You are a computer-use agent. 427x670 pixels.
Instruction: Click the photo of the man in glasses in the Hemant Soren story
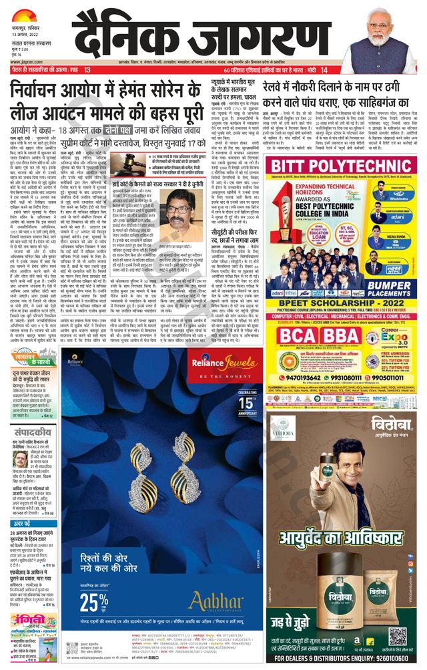178,214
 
